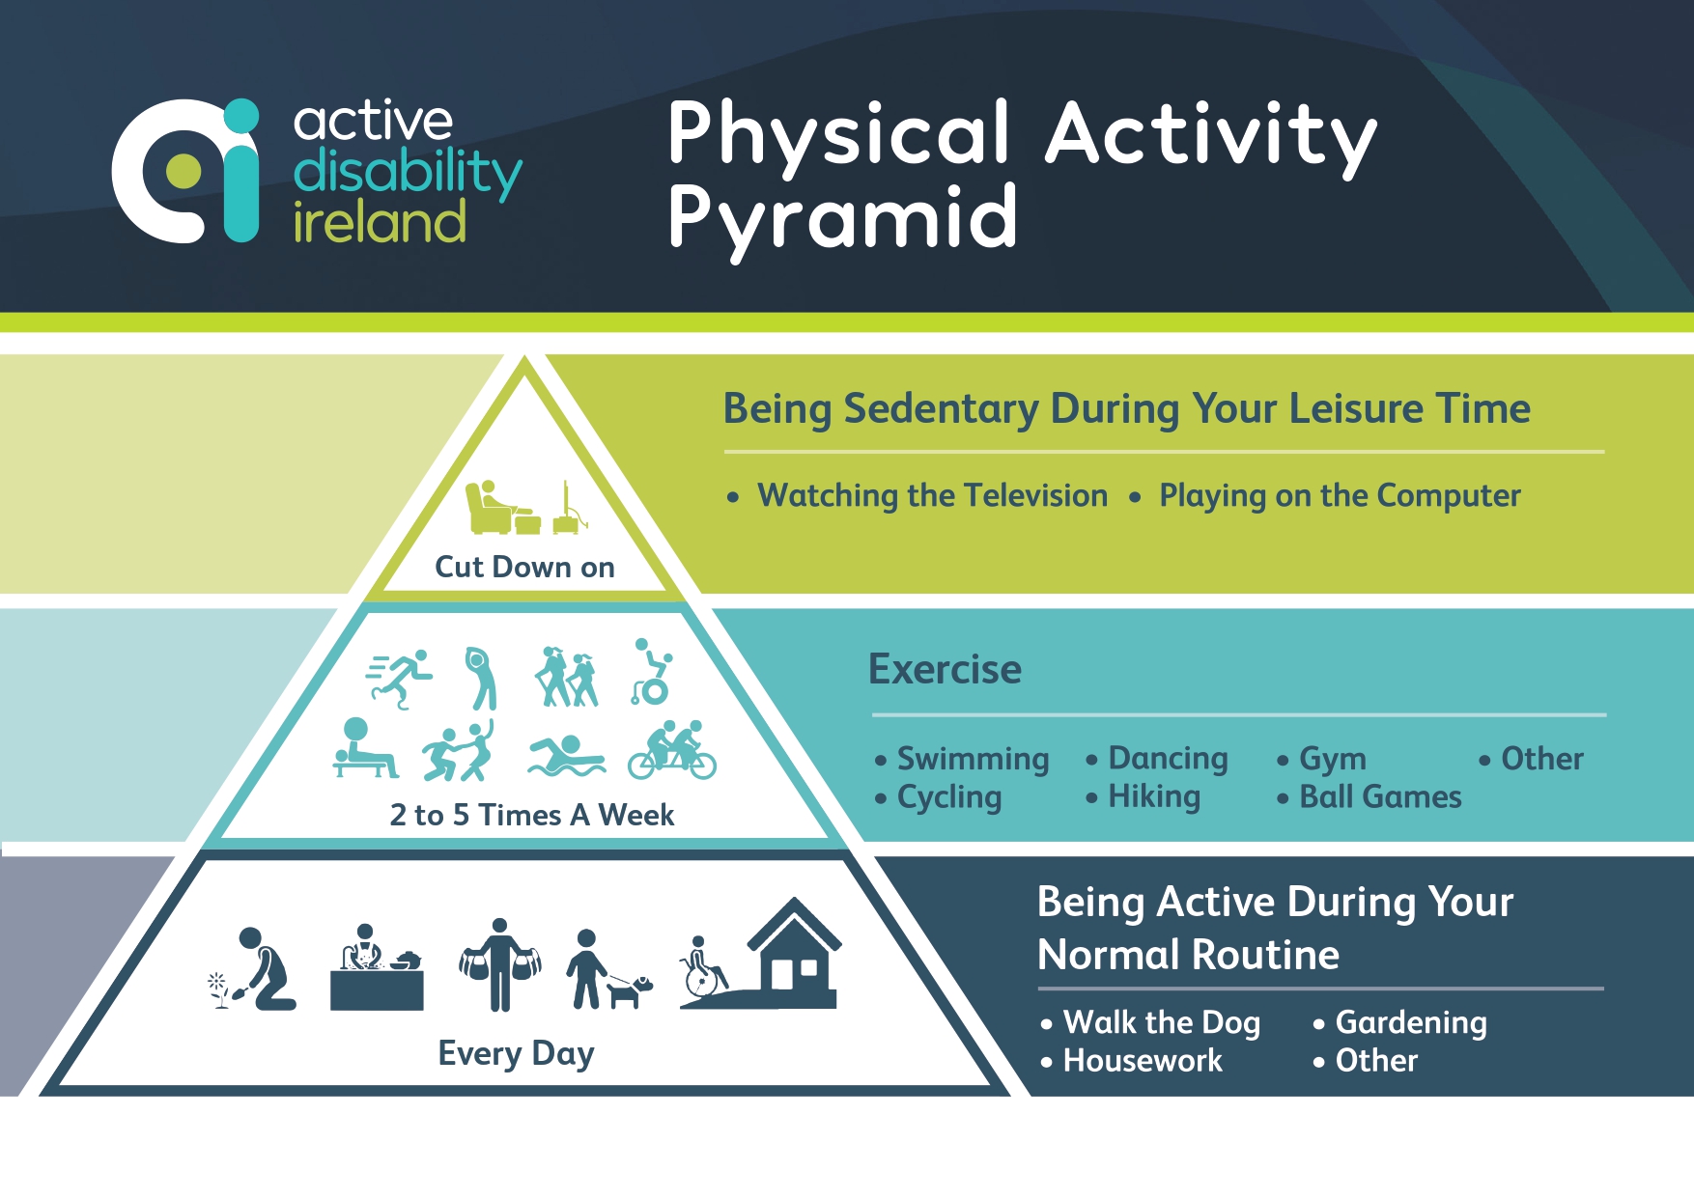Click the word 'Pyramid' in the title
842,218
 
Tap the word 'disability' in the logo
407,172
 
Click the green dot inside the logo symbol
184,171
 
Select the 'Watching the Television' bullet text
932,495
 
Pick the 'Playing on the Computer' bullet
1339,495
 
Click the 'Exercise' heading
944,669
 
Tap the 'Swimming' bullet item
972,759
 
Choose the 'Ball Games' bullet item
1379,797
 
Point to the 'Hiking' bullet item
1153,797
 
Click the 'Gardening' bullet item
1410,1022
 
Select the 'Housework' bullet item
1142,1061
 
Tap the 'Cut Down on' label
524,567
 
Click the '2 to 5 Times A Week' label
531,815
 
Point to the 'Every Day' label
516,1053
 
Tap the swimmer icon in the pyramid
566,756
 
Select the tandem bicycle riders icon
672,751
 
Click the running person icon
400,679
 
